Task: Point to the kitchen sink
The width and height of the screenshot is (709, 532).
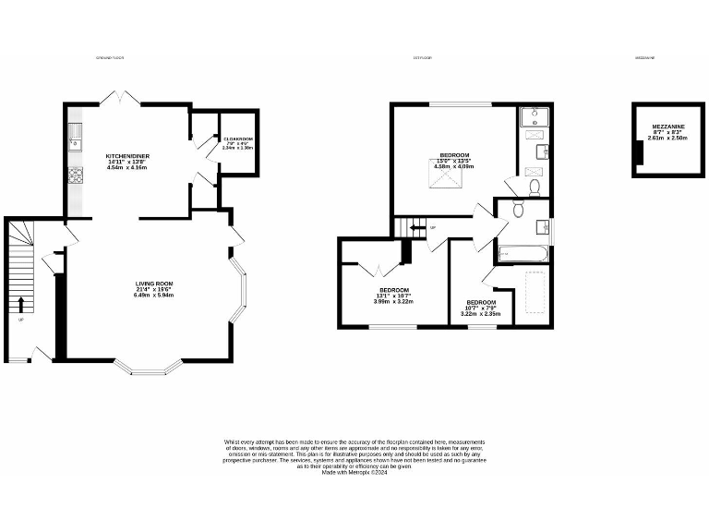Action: coord(75,137)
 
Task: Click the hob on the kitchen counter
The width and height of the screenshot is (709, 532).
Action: coord(75,175)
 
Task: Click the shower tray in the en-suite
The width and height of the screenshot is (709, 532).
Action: coord(534,117)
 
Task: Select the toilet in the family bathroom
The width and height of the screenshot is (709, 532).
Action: coord(519,211)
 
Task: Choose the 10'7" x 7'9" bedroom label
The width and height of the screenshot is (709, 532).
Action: coord(481,308)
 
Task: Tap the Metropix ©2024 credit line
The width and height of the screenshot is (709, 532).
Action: coord(354,473)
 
